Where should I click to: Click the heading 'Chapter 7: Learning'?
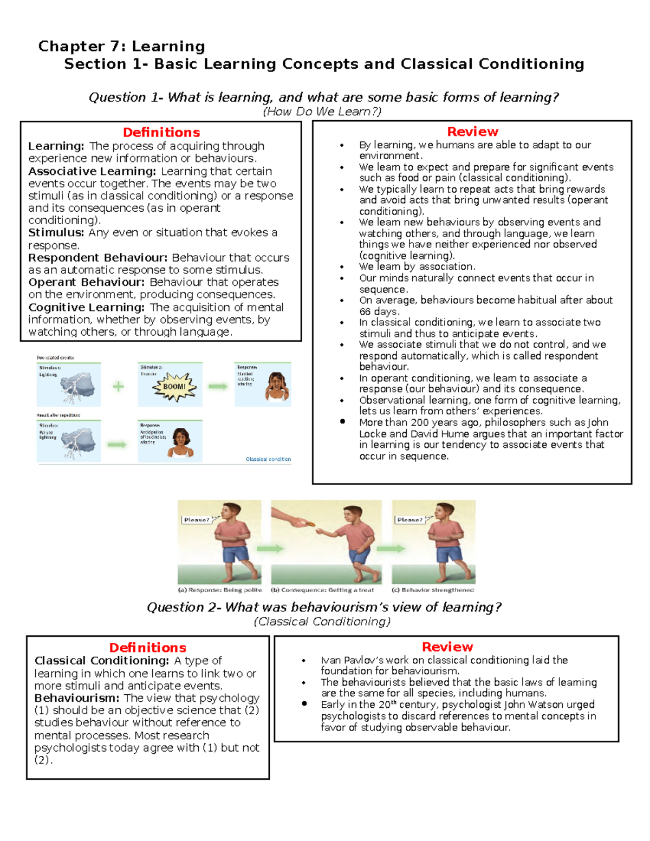(121, 47)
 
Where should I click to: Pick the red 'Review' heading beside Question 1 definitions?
(472, 132)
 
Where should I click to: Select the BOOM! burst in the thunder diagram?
(174, 387)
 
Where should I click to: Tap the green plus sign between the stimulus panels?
(118, 386)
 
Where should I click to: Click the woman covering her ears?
(277, 386)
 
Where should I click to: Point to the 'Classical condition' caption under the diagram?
(268, 459)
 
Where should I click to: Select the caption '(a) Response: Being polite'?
(220, 590)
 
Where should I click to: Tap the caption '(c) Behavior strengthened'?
(432, 590)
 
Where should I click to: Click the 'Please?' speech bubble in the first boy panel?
(196, 520)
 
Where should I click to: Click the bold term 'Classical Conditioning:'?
(102, 661)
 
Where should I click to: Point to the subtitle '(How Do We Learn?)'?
(322, 112)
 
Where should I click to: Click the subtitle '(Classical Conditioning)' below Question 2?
(322, 622)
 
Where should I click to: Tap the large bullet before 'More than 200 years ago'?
(342, 422)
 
